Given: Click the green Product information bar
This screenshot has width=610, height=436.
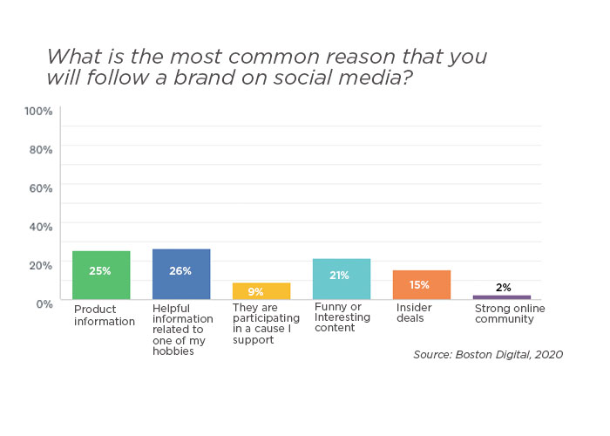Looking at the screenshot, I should [101, 276].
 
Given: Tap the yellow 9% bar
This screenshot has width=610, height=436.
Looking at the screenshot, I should [261, 291].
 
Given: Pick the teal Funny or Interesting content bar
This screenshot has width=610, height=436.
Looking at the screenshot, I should [342, 279].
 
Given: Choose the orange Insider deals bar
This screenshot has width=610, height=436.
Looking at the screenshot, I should [422, 285].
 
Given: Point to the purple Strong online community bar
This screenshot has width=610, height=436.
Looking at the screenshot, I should [502, 297].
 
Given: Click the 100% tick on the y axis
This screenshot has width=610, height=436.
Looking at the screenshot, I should [38, 112].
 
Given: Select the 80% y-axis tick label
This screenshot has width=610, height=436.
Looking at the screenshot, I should [41, 150].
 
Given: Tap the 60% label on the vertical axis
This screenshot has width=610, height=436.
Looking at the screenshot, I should [41, 188].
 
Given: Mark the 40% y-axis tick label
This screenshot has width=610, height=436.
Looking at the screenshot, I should [41, 227].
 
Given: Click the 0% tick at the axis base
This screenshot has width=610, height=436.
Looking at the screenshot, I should [44, 303].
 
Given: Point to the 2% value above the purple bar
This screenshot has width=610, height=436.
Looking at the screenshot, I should [503, 288].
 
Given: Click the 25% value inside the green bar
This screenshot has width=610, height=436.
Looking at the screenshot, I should [100, 271].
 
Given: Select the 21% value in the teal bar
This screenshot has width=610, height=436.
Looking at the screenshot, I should [341, 276].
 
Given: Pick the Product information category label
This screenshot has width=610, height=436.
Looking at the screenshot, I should [105, 315].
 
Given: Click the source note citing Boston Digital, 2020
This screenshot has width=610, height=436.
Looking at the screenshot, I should [488, 355].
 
